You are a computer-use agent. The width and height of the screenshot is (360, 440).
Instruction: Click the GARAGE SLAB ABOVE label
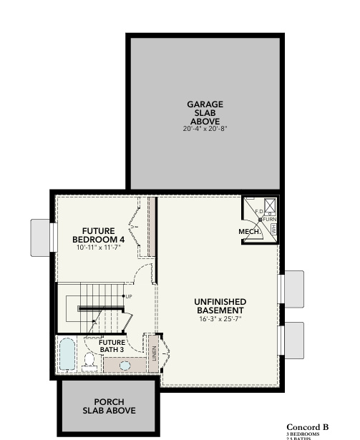(205, 113)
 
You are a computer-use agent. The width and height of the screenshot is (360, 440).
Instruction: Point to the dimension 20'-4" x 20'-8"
(205, 129)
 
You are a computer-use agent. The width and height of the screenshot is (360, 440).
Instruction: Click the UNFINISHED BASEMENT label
(220, 306)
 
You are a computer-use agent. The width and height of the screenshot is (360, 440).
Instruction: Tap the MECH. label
(248, 232)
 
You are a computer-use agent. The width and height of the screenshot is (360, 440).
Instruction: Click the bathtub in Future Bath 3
(67, 354)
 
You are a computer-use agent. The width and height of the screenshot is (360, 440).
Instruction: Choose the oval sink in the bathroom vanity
(125, 365)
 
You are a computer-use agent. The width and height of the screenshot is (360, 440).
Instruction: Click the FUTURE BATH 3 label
(112, 347)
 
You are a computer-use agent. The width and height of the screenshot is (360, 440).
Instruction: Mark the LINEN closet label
(153, 353)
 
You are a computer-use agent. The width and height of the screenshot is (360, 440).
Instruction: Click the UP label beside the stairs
(128, 295)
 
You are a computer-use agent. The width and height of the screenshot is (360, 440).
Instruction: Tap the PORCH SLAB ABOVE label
(108, 406)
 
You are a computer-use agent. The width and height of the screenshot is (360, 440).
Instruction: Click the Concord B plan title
(308, 427)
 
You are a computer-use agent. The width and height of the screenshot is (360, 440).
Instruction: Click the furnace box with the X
(269, 207)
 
